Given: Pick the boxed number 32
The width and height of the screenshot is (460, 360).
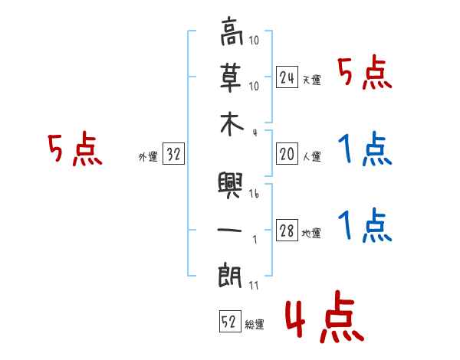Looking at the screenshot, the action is point(172,154).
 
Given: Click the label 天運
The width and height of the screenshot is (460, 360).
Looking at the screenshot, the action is point(311,80).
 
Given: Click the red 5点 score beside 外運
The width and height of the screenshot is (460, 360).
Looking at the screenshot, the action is point(75,150).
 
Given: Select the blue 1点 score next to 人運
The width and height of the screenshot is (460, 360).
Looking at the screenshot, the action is point(364,149).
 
